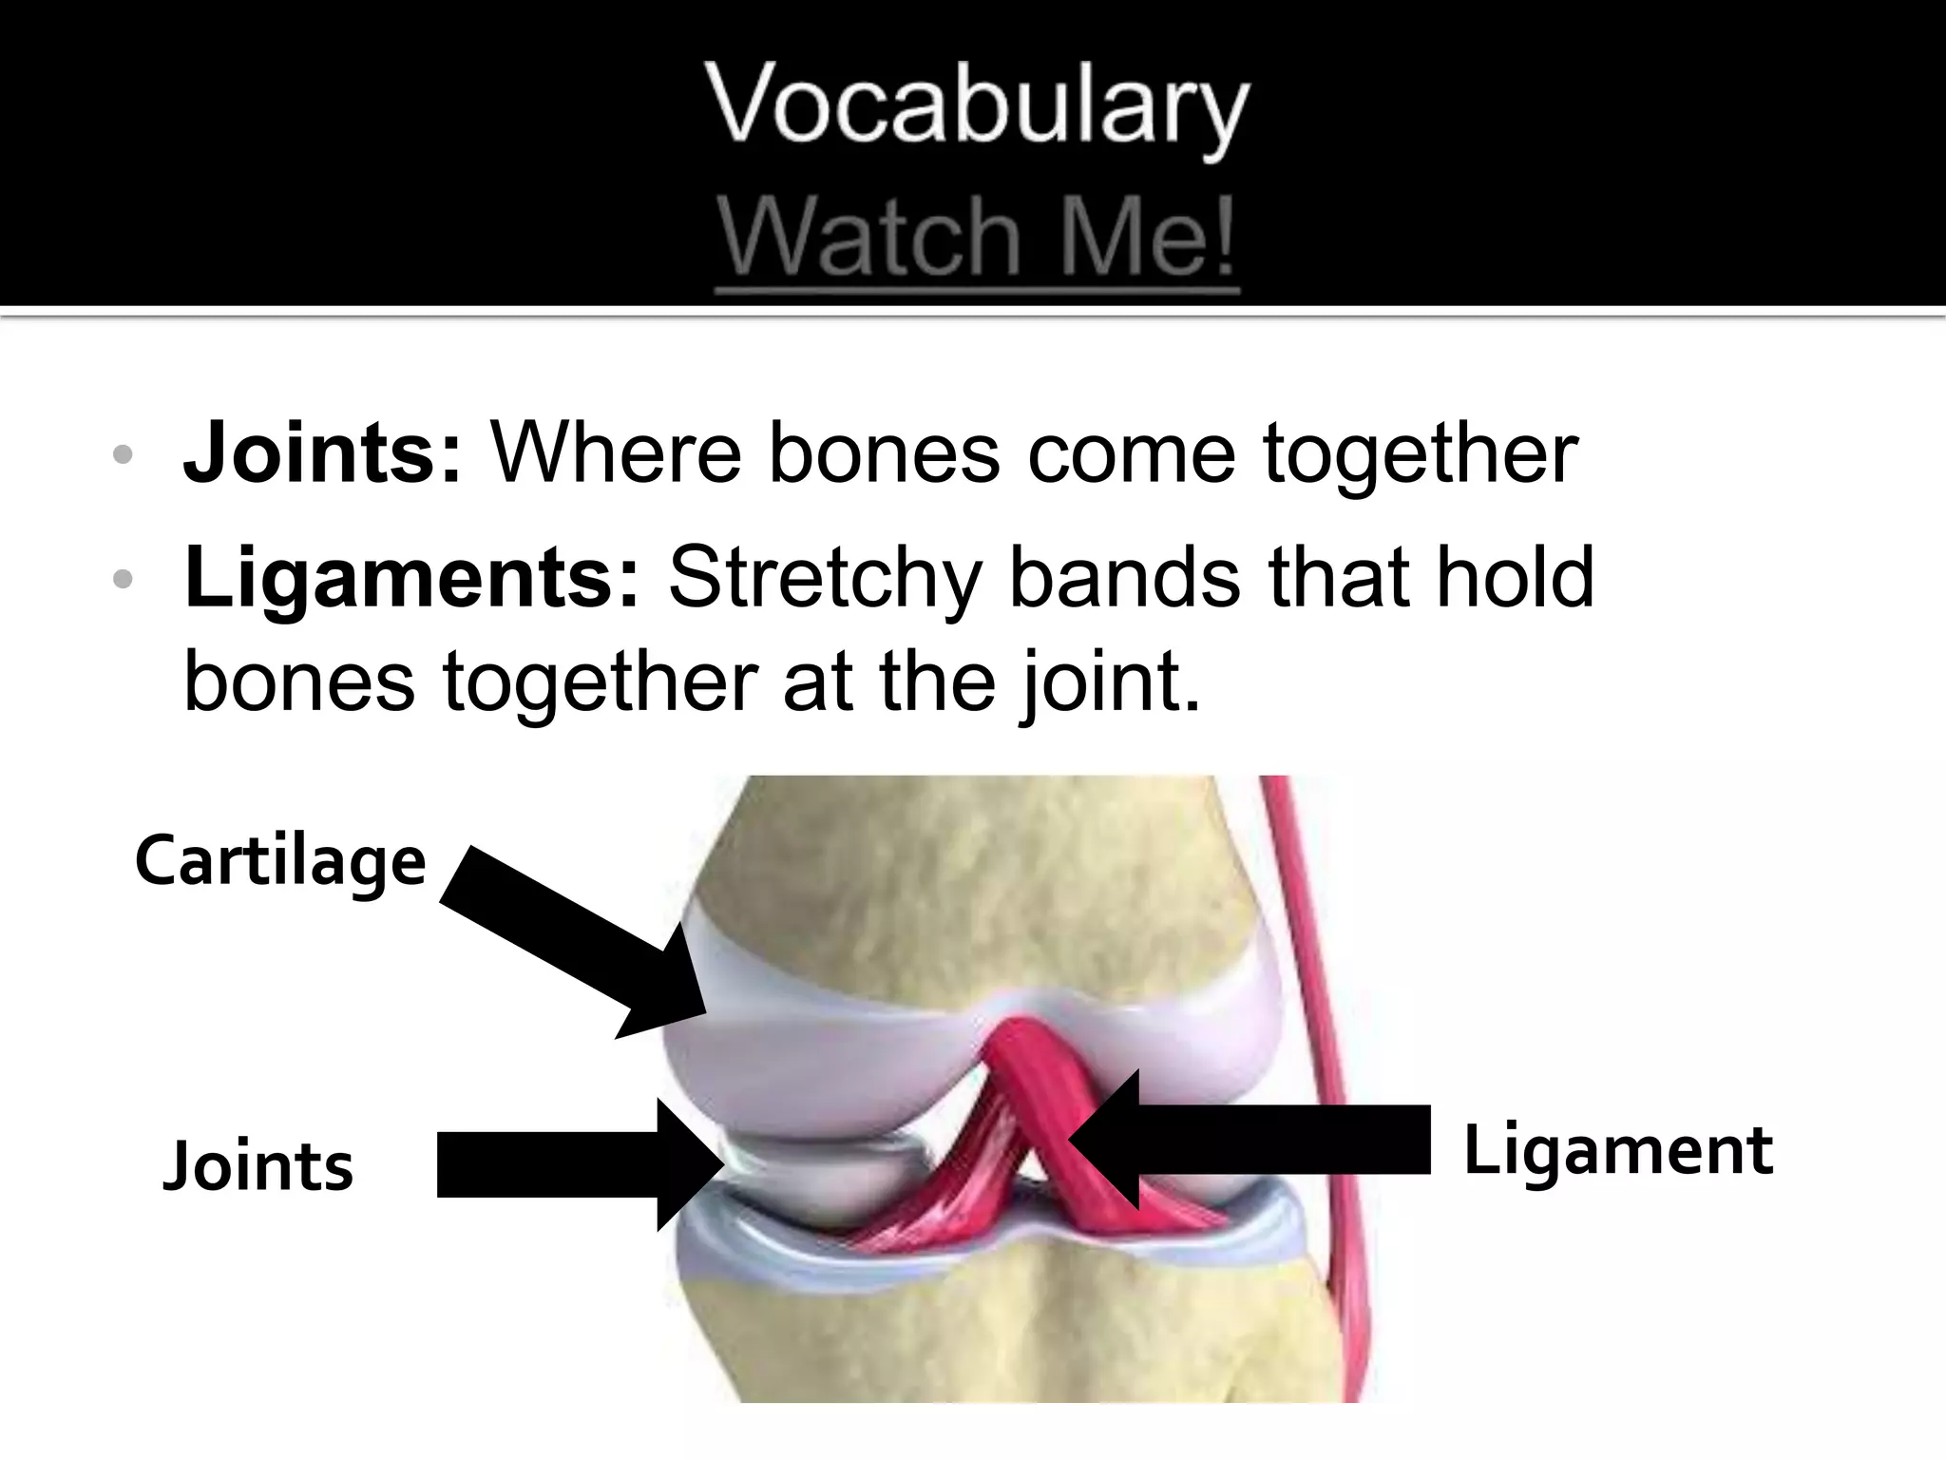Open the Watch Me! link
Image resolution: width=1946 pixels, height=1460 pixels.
click(x=977, y=238)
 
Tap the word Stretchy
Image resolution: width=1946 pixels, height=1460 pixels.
click(x=824, y=580)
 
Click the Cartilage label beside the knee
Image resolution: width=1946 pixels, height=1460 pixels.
click(x=280, y=860)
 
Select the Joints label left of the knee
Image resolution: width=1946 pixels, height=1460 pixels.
click(x=258, y=1166)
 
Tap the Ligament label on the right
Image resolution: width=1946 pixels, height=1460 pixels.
click(x=1617, y=1150)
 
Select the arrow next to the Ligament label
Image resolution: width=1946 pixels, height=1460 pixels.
click(x=1254, y=1141)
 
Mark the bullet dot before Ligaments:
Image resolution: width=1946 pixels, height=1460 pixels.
click(x=122, y=579)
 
